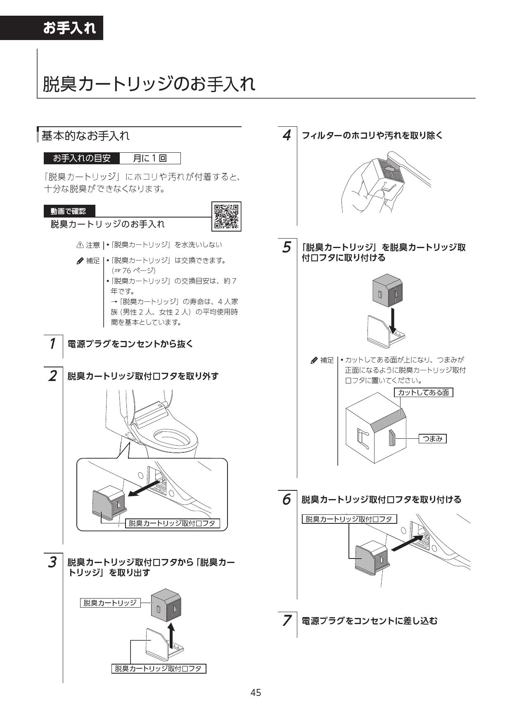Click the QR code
point(226,216)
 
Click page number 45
point(256,692)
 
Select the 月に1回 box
point(150,159)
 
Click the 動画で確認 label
point(69,211)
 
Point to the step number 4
point(287,135)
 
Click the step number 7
point(287,620)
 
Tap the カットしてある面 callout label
point(423,393)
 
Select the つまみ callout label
point(432,439)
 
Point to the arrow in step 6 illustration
point(407,543)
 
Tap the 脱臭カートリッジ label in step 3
point(110,603)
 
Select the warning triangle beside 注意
point(80,245)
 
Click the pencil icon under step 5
point(314,360)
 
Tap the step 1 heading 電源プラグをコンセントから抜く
point(130,344)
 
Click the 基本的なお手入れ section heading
point(85,136)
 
